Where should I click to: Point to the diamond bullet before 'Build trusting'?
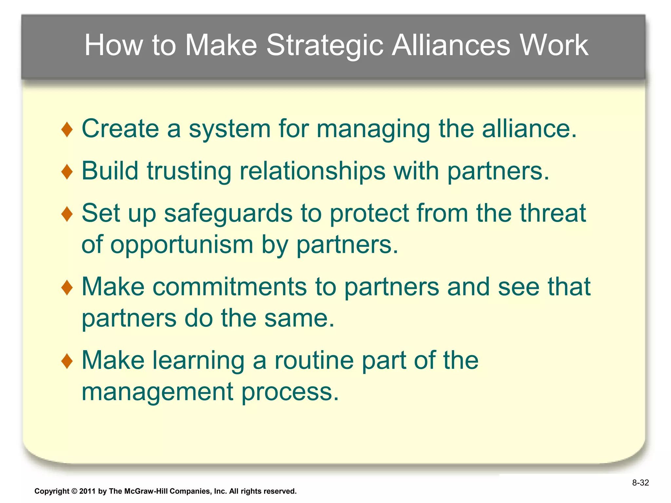click(67, 172)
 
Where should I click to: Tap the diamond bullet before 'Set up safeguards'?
click(67, 214)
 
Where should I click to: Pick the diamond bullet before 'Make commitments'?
click(67, 288)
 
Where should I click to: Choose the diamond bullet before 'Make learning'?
click(67, 361)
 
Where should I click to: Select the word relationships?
click(312, 171)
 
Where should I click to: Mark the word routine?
click(314, 360)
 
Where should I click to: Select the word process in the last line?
click(290, 392)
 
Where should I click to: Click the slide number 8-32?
click(640, 483)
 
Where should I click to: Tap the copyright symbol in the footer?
click(74, 491)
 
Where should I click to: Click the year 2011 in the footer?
click(87, 491)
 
